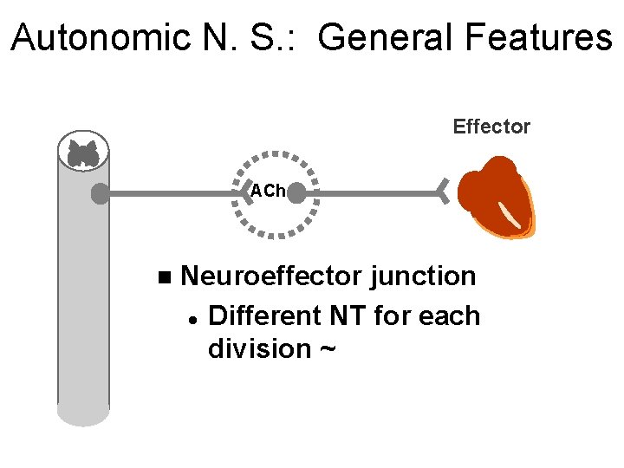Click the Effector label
[491, 127]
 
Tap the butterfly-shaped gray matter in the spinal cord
[83, 154]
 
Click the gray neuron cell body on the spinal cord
[101, 194]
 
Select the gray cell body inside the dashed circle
[296, 193]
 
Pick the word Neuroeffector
[271, 276]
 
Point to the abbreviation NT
[348, 315]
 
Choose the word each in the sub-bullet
[449, 315]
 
